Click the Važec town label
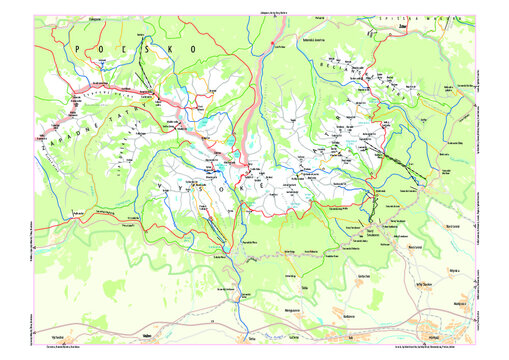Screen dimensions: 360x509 tap(147, 337)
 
